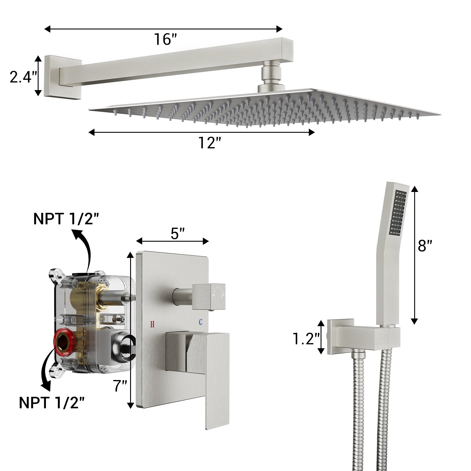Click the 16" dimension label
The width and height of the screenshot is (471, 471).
pyautogui.click(x=166, y=39)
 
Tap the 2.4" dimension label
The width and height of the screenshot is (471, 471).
pyautogui.click(x=24, y=77)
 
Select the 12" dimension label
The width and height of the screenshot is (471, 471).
pyautogui.click(x=209, y=143)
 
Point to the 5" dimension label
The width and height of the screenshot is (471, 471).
pyautogui.click(x=177, y=234)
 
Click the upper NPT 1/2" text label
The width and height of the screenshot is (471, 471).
pyautogui.click(x=66, y=219)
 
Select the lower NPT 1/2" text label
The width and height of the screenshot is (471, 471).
pyautogui.click(x=52, y=403)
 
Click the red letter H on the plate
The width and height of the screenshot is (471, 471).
pyautogui.click(x=152, y=324)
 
